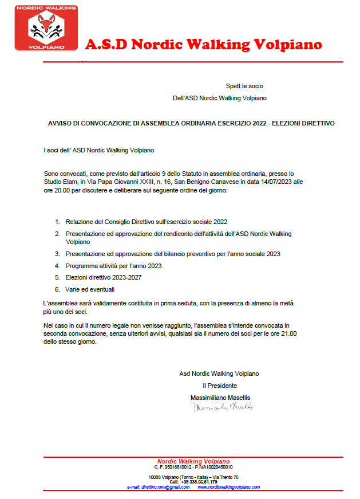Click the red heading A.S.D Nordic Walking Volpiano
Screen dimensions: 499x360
coord(203,45)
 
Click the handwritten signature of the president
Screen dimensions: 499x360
coord(221,407)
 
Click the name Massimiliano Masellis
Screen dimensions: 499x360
coord(220,398)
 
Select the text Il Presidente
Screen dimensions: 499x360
coord(219,386)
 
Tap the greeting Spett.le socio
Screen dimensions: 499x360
coord(244,86)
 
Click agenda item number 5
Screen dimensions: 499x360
coord(57,277)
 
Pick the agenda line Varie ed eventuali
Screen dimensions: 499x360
coord(90,289)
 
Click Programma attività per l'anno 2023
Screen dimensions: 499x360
coord(113,266)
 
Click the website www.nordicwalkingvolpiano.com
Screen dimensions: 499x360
coord(228,487)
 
